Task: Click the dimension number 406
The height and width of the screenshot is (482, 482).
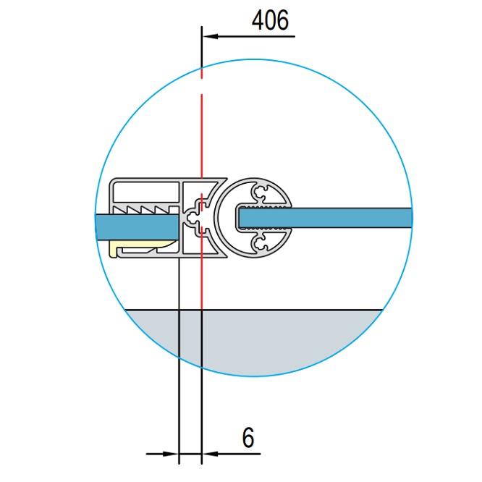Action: pos(270,21)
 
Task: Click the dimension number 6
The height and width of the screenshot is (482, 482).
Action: pos(248,437)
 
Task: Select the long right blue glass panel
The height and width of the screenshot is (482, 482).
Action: pos(347,216)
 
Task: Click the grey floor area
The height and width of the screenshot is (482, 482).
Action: pos(253,340)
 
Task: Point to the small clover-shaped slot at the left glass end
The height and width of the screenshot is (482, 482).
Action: pos(192,217)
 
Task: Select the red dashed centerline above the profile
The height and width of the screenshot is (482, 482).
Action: pos(202,123)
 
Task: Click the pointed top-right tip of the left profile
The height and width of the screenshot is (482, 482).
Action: pos(222,179)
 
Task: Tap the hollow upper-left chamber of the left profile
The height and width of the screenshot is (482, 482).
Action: pos(145,191)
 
